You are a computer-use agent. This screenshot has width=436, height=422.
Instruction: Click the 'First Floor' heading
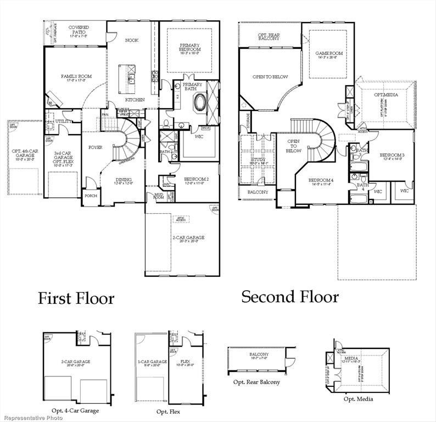[x=76, y=298]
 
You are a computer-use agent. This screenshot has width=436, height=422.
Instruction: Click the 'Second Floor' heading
[x=290, y=297]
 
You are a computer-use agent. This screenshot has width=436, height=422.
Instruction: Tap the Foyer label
[x=96, y=148]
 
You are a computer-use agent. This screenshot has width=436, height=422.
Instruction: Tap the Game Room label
[x=328, y=55]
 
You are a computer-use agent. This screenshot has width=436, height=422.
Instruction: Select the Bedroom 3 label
[x=392, y=157]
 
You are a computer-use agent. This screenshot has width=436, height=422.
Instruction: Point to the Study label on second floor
[x=256, y=160]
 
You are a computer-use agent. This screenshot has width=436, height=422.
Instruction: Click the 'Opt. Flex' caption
[x=167, y=412]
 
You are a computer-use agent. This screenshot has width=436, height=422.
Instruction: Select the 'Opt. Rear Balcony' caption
[x=256, y=382]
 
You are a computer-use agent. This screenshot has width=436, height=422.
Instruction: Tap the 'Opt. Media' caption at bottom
[x=357, y=399]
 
